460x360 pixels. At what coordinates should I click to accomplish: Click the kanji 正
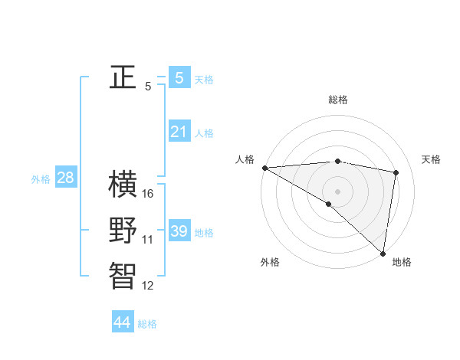(123, 77)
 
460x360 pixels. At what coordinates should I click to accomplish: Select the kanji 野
(123, 231)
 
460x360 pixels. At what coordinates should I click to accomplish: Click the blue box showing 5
(179, 77)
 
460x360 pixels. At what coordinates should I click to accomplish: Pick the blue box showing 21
(179, 132)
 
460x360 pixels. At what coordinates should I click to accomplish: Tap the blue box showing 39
(179, 231)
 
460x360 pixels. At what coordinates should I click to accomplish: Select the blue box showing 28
(65, 178)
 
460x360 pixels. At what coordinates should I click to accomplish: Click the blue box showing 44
(122, 322)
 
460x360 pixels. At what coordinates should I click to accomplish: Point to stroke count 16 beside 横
(148, 194)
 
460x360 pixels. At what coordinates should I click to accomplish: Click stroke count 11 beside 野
(148, 240)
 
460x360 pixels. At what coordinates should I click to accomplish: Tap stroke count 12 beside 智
(148, 286)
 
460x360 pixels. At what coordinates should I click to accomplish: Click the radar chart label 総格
(337, 100)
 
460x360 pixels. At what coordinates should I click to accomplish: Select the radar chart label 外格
(270, 262)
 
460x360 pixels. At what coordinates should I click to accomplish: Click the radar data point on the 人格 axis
(264, 168)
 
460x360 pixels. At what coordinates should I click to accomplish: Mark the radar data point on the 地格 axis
(383, 253)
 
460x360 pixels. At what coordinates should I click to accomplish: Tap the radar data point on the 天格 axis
(396, 172)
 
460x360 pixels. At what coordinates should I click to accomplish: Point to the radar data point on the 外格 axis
(328, 204)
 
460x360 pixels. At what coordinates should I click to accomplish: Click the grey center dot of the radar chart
(337, 191)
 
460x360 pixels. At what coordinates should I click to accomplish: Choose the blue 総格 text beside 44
(147, 324)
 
